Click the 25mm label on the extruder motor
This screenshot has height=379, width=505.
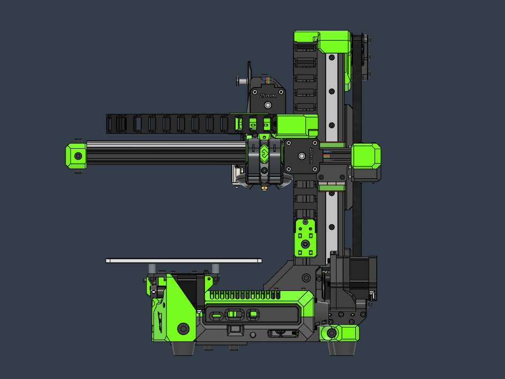click(x=267, y=96)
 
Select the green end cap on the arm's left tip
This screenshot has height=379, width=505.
click(x=76, y=156)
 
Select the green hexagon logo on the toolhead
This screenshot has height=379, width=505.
click(x=264, y=155)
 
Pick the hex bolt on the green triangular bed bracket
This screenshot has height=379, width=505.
click(x=184, y=328)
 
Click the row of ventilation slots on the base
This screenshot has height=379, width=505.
click(x=245, y=295)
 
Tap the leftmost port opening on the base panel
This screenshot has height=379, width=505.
click(x=216, y=315)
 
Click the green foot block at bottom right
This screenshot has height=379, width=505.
click(x=340, y=333)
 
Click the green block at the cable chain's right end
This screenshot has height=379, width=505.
click(x=296, y=125)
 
